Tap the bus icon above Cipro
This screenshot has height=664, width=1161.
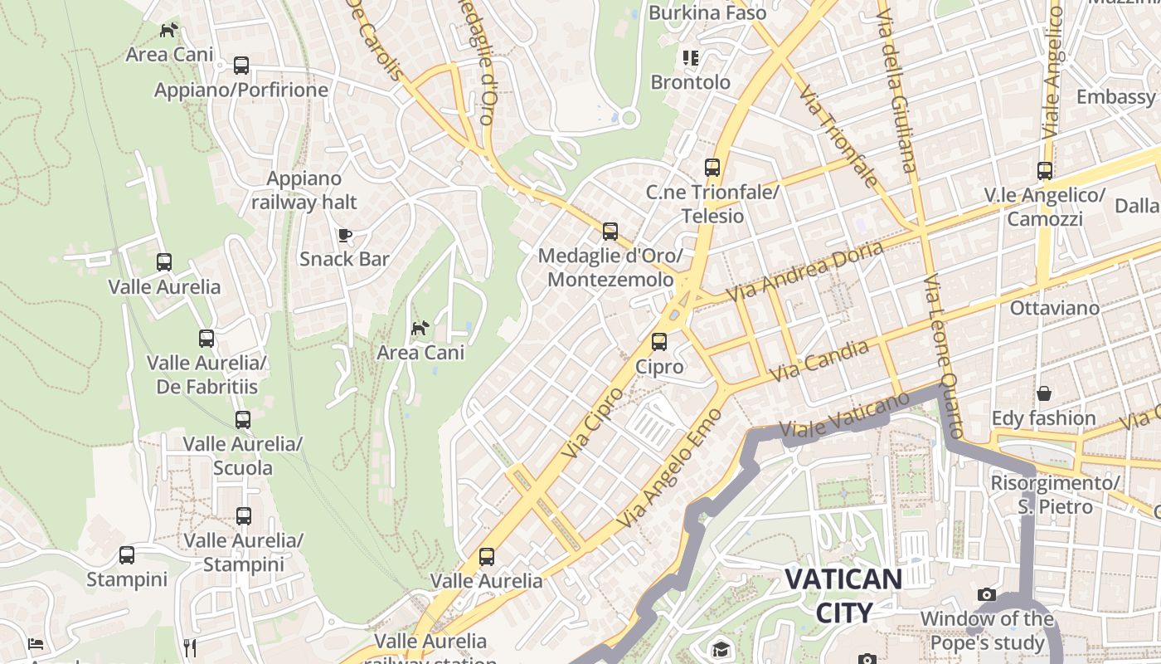click(x=659, y=341)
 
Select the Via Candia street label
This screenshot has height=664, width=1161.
click(x=819, y=360)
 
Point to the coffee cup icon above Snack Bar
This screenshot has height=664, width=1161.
click(x=345, y=235)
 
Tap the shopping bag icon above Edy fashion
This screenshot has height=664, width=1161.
click(x=1043, y=393)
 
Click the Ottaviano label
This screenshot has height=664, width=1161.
click(x=1054, y=308)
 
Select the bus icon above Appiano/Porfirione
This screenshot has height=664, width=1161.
click(x=241, y=65)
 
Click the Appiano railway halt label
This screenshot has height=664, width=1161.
click(x=304, y=190)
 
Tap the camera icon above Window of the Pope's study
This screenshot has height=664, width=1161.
click(x=986, y=593)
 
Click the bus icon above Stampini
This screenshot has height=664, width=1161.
click(x=127, y=554)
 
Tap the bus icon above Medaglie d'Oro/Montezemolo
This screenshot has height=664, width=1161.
click(x=610, y=231)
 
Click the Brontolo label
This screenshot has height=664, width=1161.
click(x=691, y=82)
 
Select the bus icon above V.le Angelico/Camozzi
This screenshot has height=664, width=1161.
click(x=1045, y=171)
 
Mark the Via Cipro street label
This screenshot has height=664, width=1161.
click(x=591, y=422)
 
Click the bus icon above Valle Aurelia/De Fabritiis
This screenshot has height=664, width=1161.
click(x=206, y=338)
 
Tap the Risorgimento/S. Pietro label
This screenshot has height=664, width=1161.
click(x=1055, y=494)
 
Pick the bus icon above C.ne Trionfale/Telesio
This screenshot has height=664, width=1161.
click(x=712, y=167)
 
